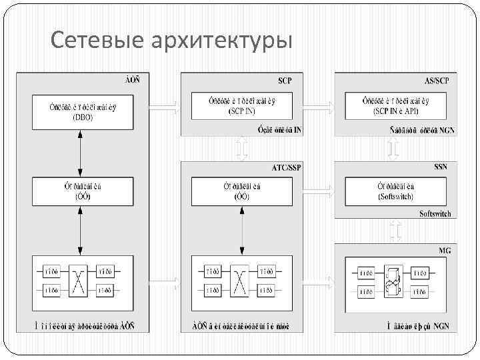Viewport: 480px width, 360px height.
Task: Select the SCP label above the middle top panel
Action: (285, 81)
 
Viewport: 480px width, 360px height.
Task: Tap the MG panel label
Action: (445, 250)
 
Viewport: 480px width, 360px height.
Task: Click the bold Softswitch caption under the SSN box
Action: (435, 214)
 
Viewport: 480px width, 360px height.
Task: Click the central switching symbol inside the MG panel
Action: (395, 280)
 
